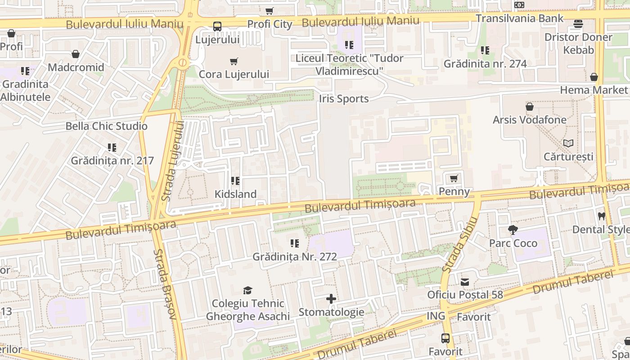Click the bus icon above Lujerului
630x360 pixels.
[217, 27]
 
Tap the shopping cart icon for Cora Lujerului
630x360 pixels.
[234, 61]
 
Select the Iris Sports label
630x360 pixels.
[344, 99]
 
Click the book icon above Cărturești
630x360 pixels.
[568, 143]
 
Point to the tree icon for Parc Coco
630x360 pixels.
[513, 230]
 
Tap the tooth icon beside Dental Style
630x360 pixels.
[601, 216]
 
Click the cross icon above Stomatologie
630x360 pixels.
[331, 299]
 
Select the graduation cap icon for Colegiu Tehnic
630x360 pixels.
[247, 290]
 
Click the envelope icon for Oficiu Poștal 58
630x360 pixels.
[465, 282]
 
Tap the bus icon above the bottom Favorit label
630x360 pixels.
[445, 338]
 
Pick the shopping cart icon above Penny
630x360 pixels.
[454, 178]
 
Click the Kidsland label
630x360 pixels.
[235, 194]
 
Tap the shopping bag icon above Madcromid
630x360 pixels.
[76, 54]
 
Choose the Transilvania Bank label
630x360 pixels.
[519, 18]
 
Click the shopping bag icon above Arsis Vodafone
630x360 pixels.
[530, 107]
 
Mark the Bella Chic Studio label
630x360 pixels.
[107, 126]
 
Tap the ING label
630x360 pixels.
[436, 316]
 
